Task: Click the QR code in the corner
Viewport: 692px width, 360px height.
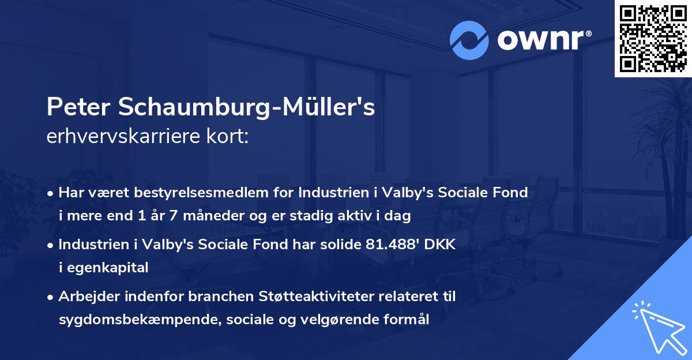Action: (x=653, y=38)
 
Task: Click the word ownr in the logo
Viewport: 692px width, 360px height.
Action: (x=539, y=41)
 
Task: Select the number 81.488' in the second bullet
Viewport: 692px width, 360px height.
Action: (x=394, y=245)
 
